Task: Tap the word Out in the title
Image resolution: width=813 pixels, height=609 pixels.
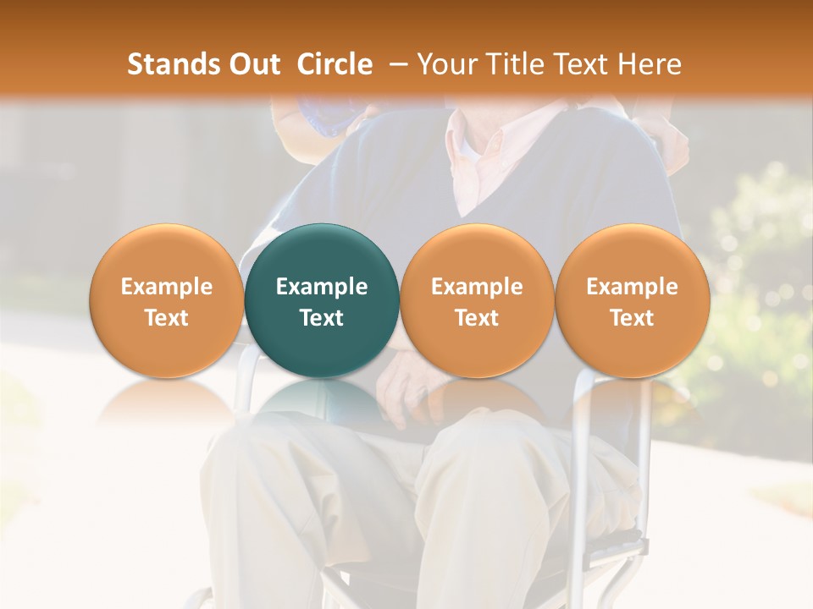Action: [x=252, y=64]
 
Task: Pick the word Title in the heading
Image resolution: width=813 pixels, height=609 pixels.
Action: [x=512, y=64]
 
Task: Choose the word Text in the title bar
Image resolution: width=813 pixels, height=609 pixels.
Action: [x=578, y=64]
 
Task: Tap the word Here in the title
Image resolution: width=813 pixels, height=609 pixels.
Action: [x=648, y=64]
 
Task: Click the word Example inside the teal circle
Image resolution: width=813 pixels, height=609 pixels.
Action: [x=322, y=287]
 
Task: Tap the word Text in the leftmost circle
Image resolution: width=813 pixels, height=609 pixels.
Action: [x=167, y=318]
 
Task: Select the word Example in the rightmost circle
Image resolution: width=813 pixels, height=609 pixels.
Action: [x=633, y=287]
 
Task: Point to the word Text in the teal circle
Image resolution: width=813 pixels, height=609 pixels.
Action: [x=322, y=318]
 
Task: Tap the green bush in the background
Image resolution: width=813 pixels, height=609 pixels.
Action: [x=754, y=279]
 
